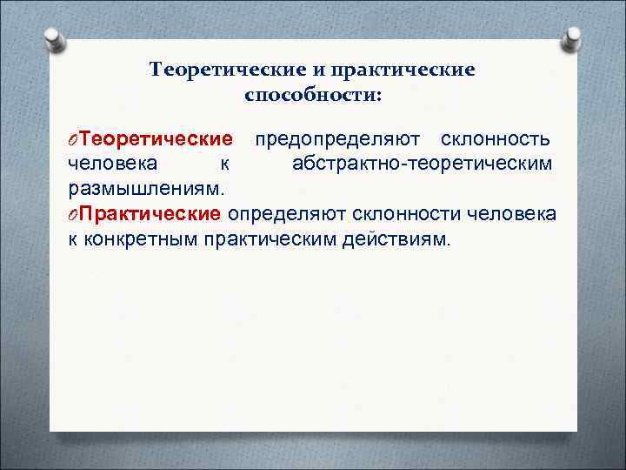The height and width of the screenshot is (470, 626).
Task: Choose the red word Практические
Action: point(152,214)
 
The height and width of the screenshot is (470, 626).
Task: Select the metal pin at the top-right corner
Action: point(573,39)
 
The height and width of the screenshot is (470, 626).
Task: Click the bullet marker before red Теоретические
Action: point(73,141)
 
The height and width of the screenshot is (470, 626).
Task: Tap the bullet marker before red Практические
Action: point(73,215)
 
